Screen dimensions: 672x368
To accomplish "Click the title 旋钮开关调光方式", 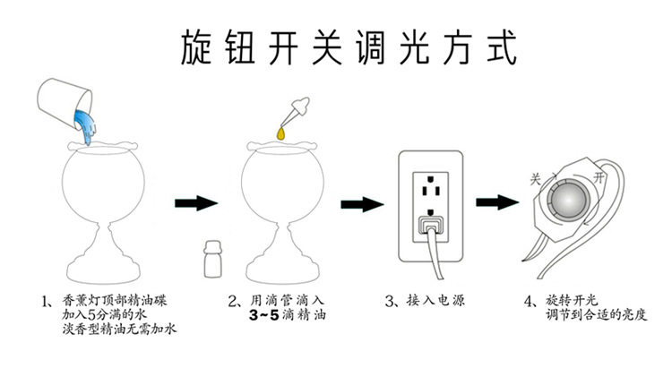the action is click(x=349, y=47).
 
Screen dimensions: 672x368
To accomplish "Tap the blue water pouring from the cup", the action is click(x=85, y=125).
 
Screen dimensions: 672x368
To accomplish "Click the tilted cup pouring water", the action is click(x=65, y=103).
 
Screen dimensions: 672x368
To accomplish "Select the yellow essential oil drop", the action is click(x=280, y=133).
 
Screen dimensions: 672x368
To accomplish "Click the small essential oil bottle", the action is click(x=213, y=259).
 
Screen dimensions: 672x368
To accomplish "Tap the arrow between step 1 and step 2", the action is click(x=196, y=202).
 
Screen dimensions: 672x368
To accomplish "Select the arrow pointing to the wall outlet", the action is click(x=362, y=204).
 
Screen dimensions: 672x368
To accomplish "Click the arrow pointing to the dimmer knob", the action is click(x=497, y=201).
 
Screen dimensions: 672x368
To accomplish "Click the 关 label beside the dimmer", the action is click(x=535, y=179).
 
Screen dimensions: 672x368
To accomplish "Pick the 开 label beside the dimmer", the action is click(x=599, y=177).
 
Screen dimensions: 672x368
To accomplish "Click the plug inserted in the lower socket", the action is click(x=431, y=224).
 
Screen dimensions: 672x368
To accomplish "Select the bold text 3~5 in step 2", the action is click(x=264, y=316).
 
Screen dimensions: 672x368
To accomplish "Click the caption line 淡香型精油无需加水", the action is click(x=119, y=329).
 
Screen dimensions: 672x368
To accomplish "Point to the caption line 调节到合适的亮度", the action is click(x=596, y=315).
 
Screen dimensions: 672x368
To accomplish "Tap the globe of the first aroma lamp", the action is click(x=103, y=184).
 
